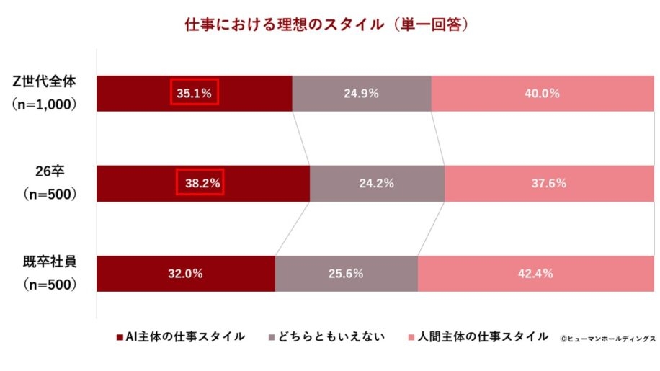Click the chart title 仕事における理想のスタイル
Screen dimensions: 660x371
(284, 24)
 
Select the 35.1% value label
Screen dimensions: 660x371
(194, 93)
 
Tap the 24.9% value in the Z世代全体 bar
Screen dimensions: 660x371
(361, 93)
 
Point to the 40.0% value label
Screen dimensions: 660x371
(542, 93)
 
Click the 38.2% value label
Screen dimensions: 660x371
(202, 183)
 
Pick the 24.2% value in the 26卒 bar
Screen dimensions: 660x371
(377, 183)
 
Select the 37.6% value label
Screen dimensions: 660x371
(549, 183)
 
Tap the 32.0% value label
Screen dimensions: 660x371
(186, 274)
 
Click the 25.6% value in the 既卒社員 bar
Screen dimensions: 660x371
(346, 274)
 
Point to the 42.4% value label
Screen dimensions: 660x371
(535, 274)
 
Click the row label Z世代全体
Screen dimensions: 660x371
(44, 81)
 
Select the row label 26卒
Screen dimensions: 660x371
(50, 171)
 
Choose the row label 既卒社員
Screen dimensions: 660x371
(50, 262)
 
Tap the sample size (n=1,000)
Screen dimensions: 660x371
(44, 104)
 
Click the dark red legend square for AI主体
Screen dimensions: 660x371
(120, 337)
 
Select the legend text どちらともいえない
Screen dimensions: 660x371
(331, 336)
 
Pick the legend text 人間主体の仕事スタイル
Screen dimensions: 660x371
(483, 336)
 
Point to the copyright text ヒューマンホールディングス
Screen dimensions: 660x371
(611, 339)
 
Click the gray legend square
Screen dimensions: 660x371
(272, 337)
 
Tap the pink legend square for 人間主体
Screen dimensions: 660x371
(411, 337)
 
